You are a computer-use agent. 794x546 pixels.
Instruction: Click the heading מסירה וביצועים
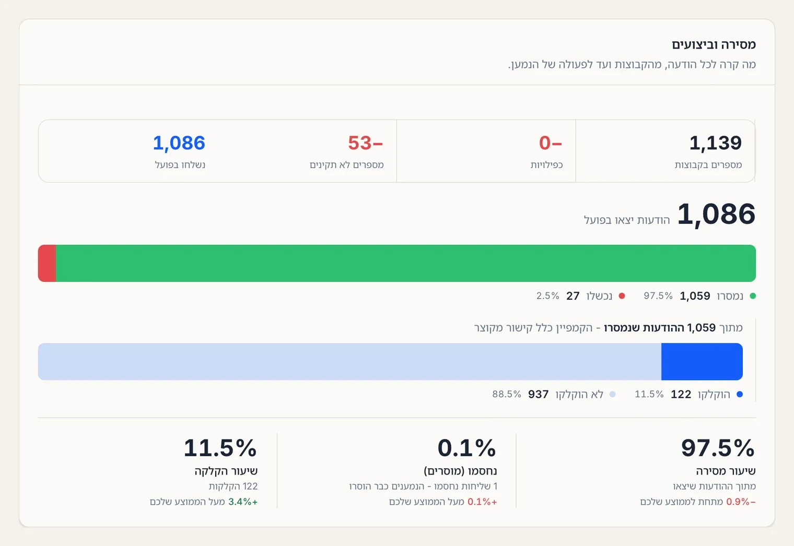click(714, 45)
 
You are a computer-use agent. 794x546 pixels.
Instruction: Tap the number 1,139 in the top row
click(715, 143)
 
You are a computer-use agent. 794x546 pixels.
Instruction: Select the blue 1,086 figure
click(179, 143)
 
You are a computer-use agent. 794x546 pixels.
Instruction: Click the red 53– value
click(366, 143)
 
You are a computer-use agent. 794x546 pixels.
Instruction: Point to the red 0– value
click(551, 143)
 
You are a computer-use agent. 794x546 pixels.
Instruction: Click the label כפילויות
click(546, 165)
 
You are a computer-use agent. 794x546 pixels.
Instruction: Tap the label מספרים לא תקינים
click(347, 165)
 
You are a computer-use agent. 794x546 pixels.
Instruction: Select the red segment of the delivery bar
click(47, 263)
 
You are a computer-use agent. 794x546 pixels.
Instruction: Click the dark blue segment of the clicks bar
click(702, 361)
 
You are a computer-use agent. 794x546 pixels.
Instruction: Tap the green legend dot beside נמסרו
click(753, 296)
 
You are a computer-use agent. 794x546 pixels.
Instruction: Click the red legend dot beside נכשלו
click(622, 296)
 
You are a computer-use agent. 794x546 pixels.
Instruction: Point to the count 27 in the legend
click(573, 296)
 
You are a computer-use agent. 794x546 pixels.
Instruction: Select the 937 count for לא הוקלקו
click(539, 394)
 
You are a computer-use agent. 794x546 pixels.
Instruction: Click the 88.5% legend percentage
click(507, 394)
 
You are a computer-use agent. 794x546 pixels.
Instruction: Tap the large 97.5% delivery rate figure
click(718, 448)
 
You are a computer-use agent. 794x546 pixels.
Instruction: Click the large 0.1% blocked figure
click(466, 448)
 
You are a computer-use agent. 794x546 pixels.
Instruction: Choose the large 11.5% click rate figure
click(220, 448)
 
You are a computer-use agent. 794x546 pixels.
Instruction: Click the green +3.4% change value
click(243, 502)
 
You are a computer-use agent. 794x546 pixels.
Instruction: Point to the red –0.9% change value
click(741, 502)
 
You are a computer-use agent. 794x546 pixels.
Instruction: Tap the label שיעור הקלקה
click(226, 471)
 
